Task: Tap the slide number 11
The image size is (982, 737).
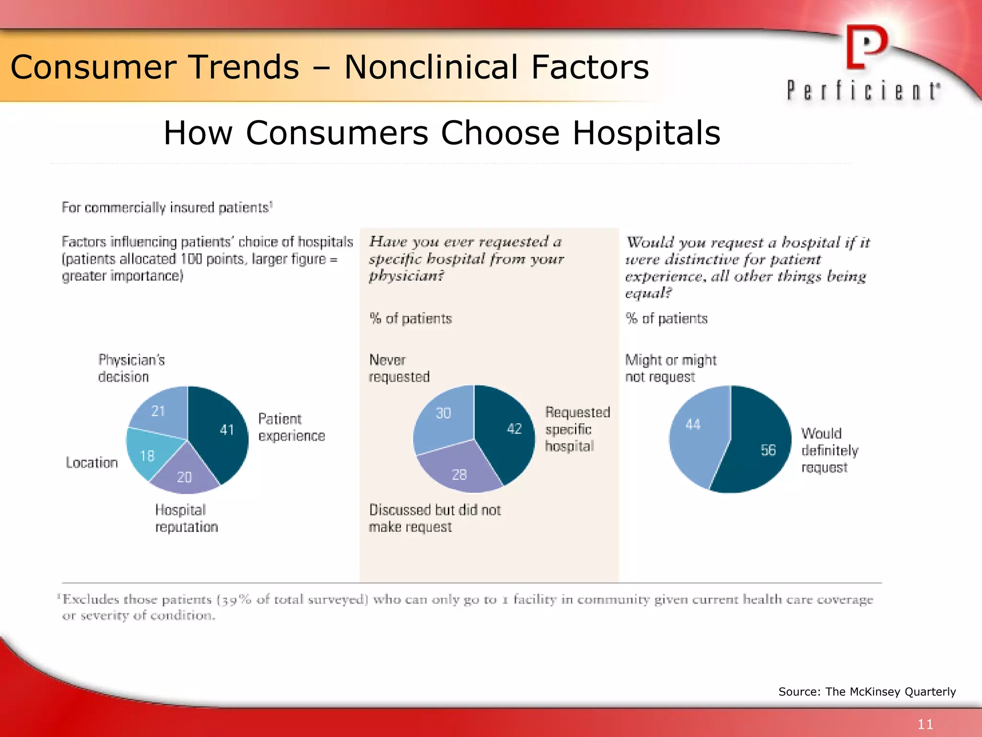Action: pos(925,724)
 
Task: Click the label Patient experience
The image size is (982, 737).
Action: pos(291,427)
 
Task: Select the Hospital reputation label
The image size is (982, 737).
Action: pos(186,518)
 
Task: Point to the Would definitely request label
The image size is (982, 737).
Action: pos(829,450)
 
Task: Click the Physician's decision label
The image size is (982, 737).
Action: pos(131,368)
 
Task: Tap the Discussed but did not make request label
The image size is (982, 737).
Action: pos(434,518)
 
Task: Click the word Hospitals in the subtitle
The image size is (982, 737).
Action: pos(646,133)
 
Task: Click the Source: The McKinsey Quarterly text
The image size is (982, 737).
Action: pos(866,691)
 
